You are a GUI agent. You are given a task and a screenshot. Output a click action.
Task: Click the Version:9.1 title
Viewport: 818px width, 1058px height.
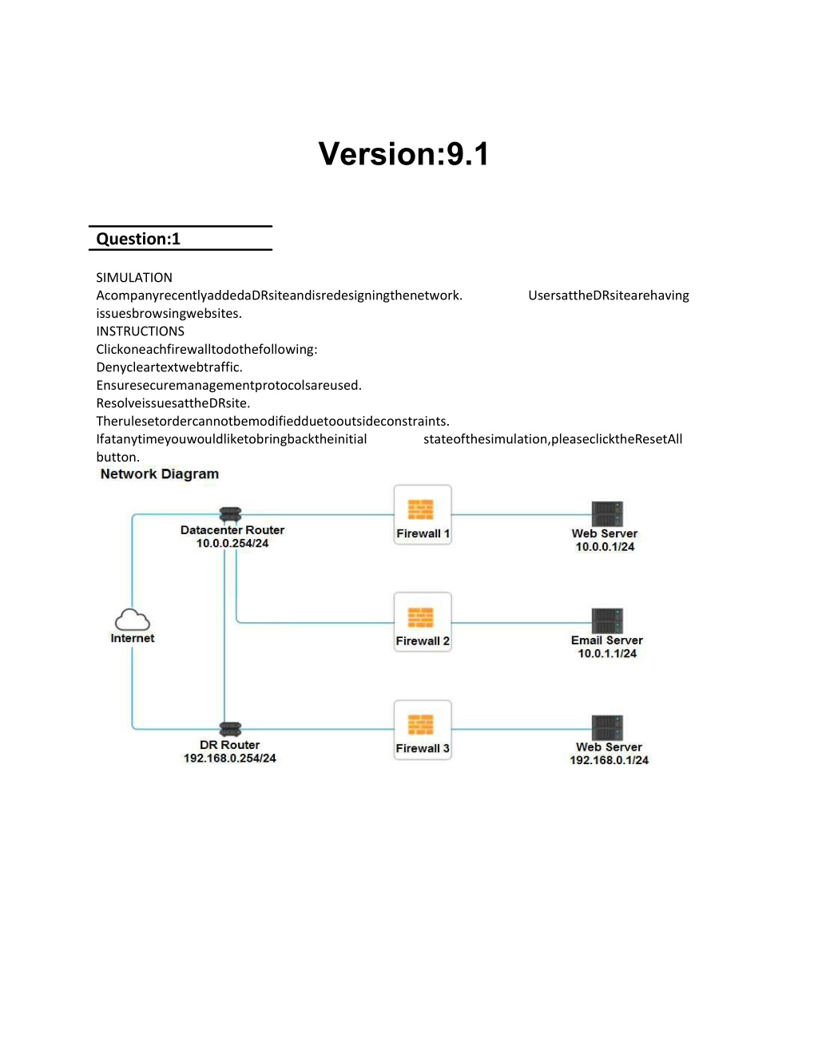point(403,154)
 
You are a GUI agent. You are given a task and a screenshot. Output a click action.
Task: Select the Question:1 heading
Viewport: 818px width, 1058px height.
point(138,239)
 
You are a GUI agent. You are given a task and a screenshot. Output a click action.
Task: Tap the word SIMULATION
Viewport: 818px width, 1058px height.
point(134,278)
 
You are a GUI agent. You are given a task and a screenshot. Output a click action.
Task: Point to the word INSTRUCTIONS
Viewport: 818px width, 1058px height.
point(141,331)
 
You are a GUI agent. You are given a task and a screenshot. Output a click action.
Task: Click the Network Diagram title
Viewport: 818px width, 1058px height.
point(159,474)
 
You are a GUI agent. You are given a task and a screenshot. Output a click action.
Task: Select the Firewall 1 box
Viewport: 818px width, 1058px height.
point(423,515)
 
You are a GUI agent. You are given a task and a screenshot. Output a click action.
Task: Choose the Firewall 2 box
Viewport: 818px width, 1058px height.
point(423,622)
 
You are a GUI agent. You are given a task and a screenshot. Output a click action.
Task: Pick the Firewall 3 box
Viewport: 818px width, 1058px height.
point(423,729)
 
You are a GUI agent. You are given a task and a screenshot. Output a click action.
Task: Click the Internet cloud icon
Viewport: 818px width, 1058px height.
point(132,620)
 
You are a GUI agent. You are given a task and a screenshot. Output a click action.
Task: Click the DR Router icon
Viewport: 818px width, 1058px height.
point(230,729)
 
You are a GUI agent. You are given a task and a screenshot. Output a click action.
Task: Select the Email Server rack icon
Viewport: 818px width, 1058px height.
point(607,620)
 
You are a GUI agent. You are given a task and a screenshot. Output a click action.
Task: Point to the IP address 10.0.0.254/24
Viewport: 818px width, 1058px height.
point(232,543)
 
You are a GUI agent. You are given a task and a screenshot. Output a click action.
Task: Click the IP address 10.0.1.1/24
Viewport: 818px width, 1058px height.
point(607,653)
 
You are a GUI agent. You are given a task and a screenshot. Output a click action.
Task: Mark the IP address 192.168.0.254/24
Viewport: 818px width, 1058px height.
point(230,758)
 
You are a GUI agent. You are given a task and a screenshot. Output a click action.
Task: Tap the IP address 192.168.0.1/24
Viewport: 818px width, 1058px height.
point(610,760)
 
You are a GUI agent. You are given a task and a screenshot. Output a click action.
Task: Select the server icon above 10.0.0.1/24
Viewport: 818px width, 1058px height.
point(607,513)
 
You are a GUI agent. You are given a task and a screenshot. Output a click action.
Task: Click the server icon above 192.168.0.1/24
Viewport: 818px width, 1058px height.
point(607,728)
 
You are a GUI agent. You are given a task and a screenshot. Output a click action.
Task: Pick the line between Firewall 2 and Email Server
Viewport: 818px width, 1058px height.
point(522,623)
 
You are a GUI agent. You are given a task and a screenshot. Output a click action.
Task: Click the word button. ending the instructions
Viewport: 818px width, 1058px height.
point(118,458)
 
